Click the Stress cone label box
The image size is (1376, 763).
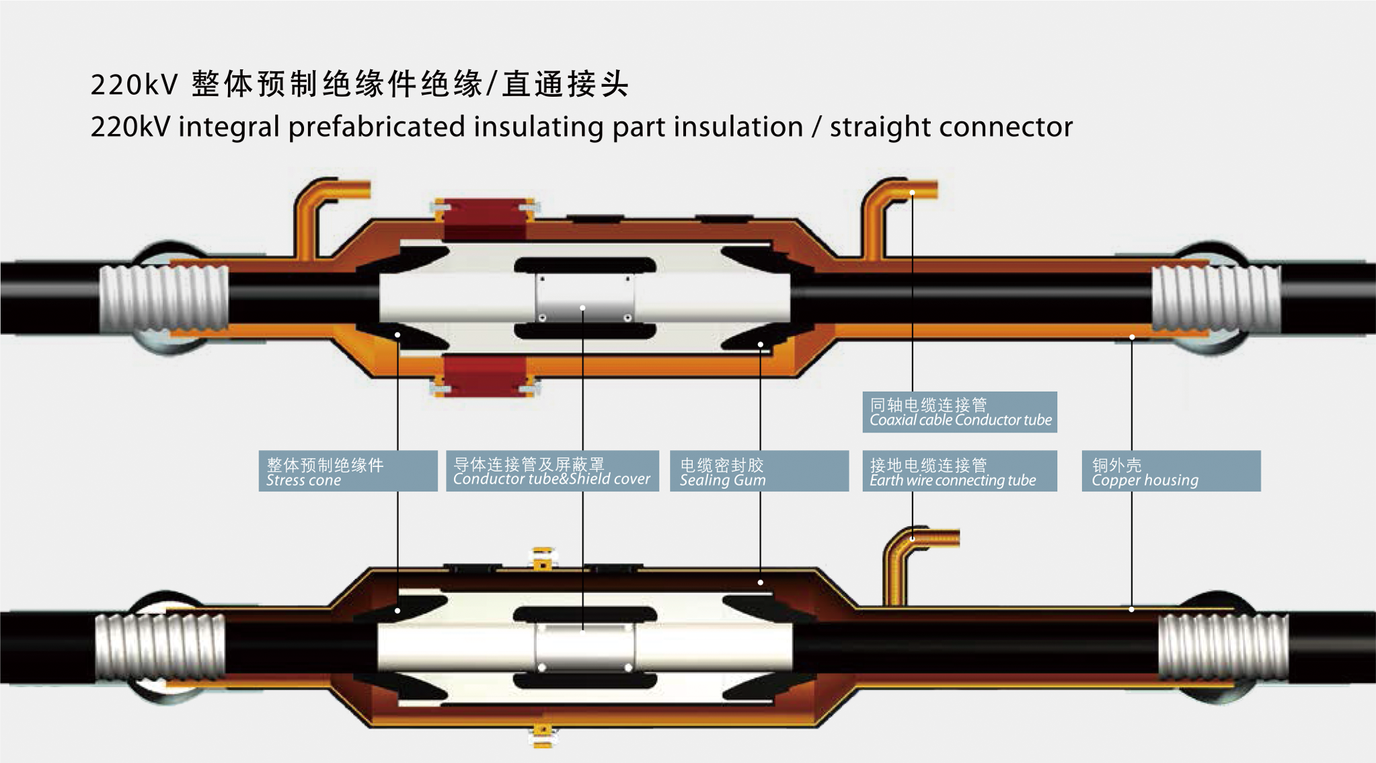click(348, 471)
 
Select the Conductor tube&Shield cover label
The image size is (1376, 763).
click(551, 471)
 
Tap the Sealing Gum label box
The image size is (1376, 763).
click(759, 471)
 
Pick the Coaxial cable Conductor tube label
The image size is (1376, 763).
click(959, 412)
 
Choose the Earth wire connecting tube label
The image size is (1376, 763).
click(959, 471)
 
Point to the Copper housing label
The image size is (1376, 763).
click(1170, 471)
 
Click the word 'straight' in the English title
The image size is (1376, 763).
click(868, 127)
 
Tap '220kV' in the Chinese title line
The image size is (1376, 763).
click(134, 85)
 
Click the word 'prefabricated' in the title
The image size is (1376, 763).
click(377, 127)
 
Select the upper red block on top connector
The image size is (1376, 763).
click(485, 219)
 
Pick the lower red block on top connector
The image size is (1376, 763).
click(485, 377)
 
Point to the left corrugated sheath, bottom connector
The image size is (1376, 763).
click(160, 647)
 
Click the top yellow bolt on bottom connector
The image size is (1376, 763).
click(543, 559)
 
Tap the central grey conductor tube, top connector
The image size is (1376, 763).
click(584, 298)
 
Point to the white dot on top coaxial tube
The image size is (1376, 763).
click(912, 193)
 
